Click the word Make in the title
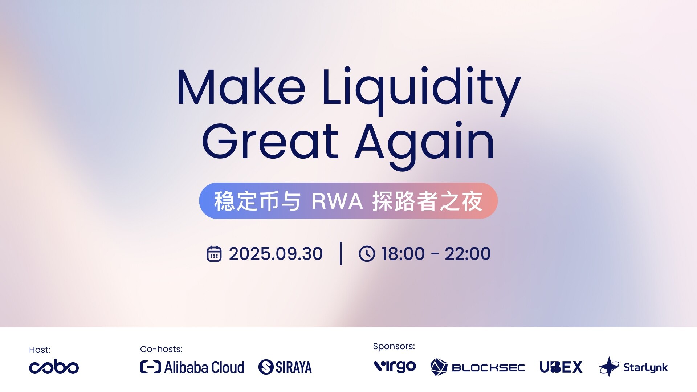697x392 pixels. tap(241, 87)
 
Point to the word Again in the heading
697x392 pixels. tap(424, 145)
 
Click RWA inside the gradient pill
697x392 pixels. tap(337, 201)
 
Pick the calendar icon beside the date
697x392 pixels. tap(214, 254)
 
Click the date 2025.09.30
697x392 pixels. tap(276, 254)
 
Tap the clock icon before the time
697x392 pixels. tap(367, 254)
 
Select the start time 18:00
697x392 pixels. tap(403, 254)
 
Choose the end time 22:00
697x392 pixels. tap(468, 254)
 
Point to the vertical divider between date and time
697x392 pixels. tap(341, 254)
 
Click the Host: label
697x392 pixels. tap(40, 350)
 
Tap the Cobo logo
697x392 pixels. tap(54, 367)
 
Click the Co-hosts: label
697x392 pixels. tap(161, 349)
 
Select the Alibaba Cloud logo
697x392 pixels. tap(192, 367)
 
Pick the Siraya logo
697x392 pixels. tap(285, 367)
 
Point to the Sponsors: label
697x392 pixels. tap(394, 346)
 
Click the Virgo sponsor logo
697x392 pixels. tap(395, 367)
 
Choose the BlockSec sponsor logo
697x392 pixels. tap(478, 367)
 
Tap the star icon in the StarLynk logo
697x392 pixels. tap(609, 367)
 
